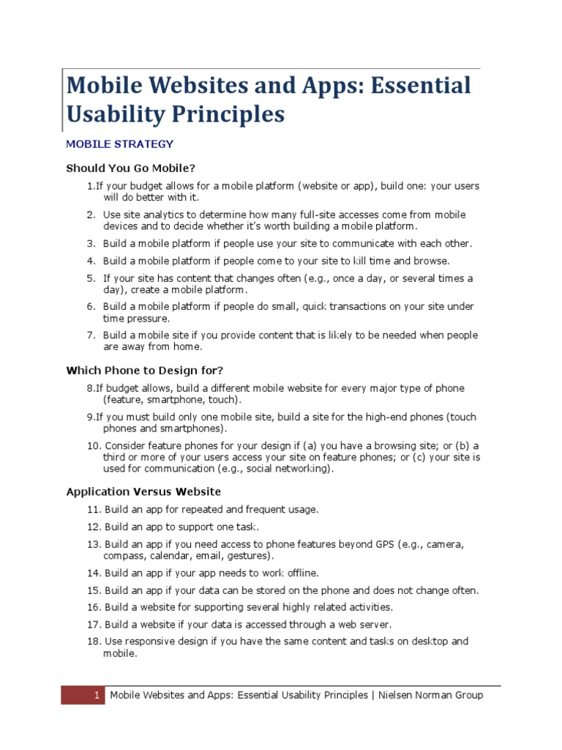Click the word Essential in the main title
tap(418, 86)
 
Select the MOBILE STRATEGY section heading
tap(119, 144)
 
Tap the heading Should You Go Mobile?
tap(131, 168)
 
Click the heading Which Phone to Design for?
tap(145, 371)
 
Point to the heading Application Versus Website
tap(143, 491)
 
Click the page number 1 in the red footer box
tap(96, 695)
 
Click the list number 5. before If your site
tap(91, 278)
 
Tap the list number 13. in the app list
tap(94, 545)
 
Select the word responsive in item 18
tap(151, 641)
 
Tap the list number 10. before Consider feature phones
tap(94, 445)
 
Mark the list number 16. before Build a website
tap(94, 607)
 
